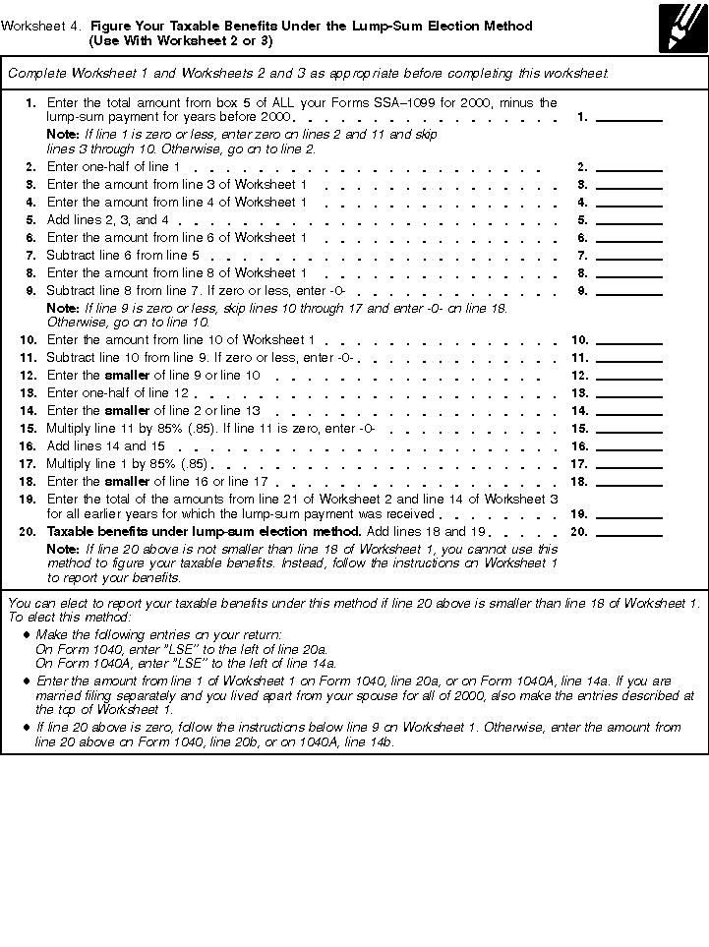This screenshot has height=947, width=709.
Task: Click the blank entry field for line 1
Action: [x=629, y=116]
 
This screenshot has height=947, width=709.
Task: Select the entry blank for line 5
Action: [x=629, y=219]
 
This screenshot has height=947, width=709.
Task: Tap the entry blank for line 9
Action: [x=629, y=290]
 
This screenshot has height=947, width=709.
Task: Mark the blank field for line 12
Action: [x=629, y=375]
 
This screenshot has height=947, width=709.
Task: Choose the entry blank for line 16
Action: [x=629, y=445]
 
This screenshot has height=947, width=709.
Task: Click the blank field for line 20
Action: [x=629, y=531]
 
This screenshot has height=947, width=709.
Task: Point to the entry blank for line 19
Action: [x=629, y=512]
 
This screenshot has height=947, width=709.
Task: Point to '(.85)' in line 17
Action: [x=194, y=464]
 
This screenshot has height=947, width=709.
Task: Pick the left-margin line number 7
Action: [x=30, y=256]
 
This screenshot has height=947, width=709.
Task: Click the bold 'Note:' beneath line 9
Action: [x=63, y=308]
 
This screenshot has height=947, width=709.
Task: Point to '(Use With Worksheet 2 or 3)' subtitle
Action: [x=181, y=41]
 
